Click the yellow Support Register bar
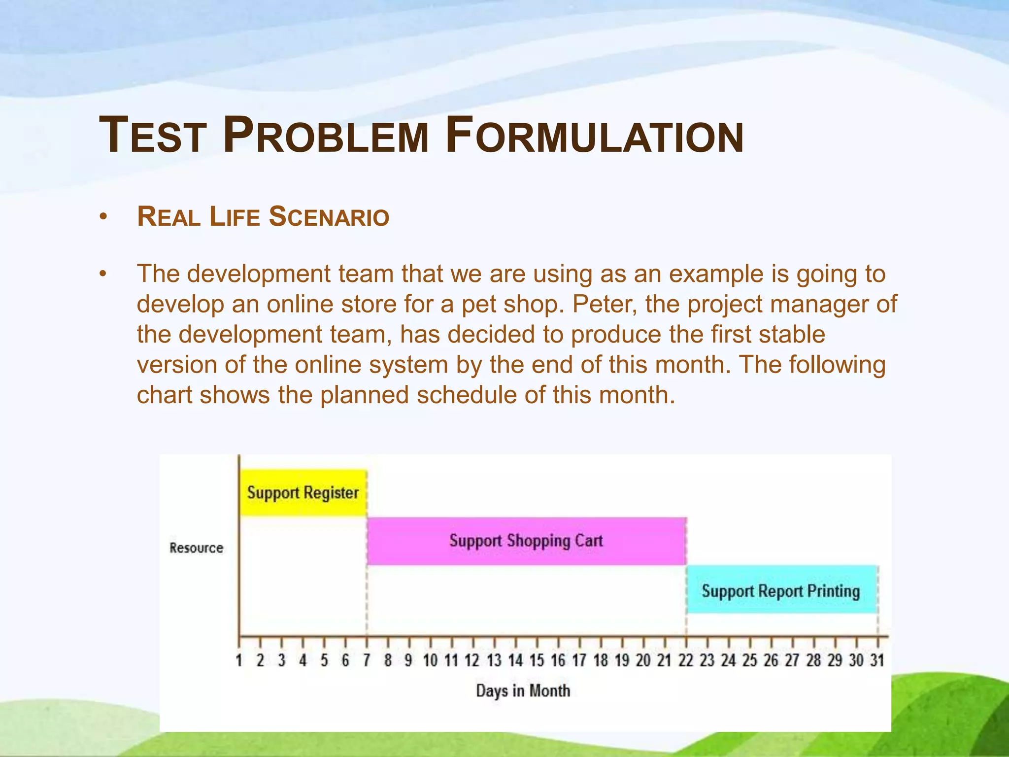coord(303,493)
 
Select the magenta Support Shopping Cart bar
coord(526,541)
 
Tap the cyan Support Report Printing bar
coord(781,590)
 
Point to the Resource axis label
coord(196,548)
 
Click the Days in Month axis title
coord(523,690)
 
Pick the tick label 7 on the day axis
coord(367,660)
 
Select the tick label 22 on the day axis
coord(686,660)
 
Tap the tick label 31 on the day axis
coord(877,660)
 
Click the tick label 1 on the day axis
coord(239,660)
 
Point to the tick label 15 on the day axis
coord(537,660)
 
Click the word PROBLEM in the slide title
coord(326,136)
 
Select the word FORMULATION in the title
coord(595,136)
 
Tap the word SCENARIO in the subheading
coord(329,217)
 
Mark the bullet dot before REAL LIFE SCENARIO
coord(102,217)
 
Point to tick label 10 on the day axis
coord(430,660)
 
